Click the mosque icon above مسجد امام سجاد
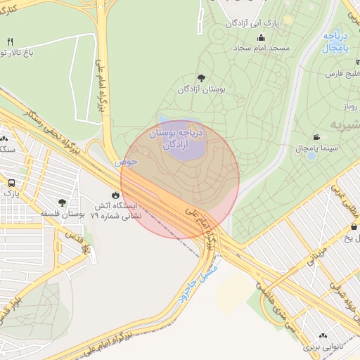click(262, 38)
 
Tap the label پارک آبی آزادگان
click(252, 23)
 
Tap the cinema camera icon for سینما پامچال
click(317, 137)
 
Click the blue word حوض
click(127, 162)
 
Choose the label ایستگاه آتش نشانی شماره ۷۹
click(115, 211)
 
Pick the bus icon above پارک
click(11, 181)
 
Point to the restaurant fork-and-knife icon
click(10, 42)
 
